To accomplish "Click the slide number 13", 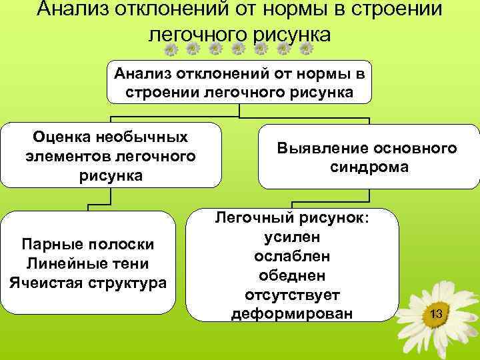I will pos(437,313).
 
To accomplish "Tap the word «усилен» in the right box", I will pos(291,237).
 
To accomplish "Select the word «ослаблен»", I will pos(291,256).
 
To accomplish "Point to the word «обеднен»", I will pos(291,275).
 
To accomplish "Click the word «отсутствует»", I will pos(291,294).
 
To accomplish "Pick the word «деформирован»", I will pos(291,313).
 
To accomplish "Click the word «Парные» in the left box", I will pos(49,245).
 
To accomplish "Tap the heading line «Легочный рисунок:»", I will pos(291,217).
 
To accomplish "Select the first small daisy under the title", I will pos(171,49).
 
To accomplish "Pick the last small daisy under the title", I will pos(307,49).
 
